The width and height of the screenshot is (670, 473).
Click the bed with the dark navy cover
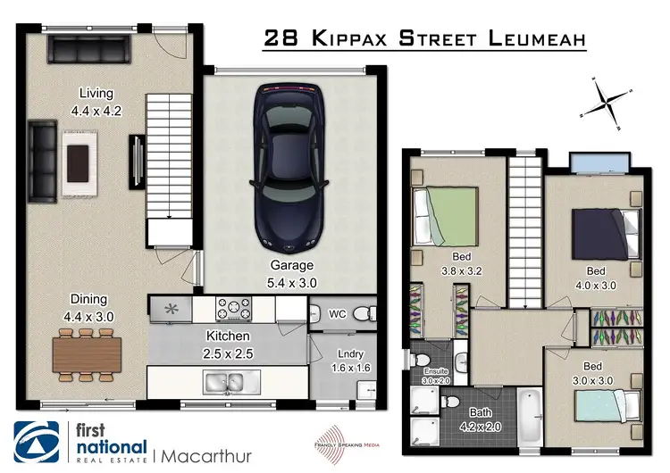point(606,231)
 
